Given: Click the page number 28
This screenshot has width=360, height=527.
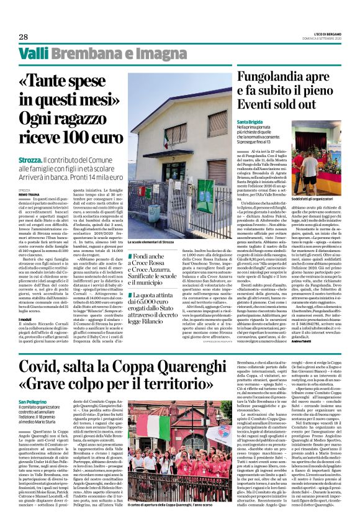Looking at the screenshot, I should coord(23,37).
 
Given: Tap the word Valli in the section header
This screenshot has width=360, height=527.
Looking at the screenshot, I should coord(32,54).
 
